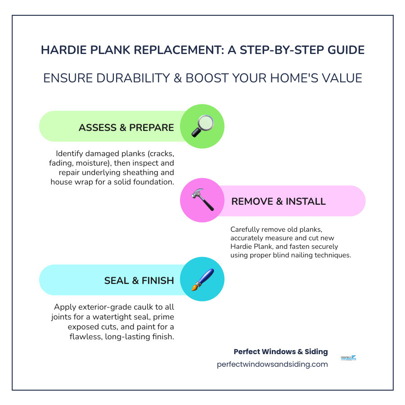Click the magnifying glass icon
202,126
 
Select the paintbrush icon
202,279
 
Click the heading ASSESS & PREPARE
126,127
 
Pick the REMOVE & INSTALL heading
278,201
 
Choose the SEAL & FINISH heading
139,280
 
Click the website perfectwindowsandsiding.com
272,364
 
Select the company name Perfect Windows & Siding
280,351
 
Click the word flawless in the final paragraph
86,337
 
